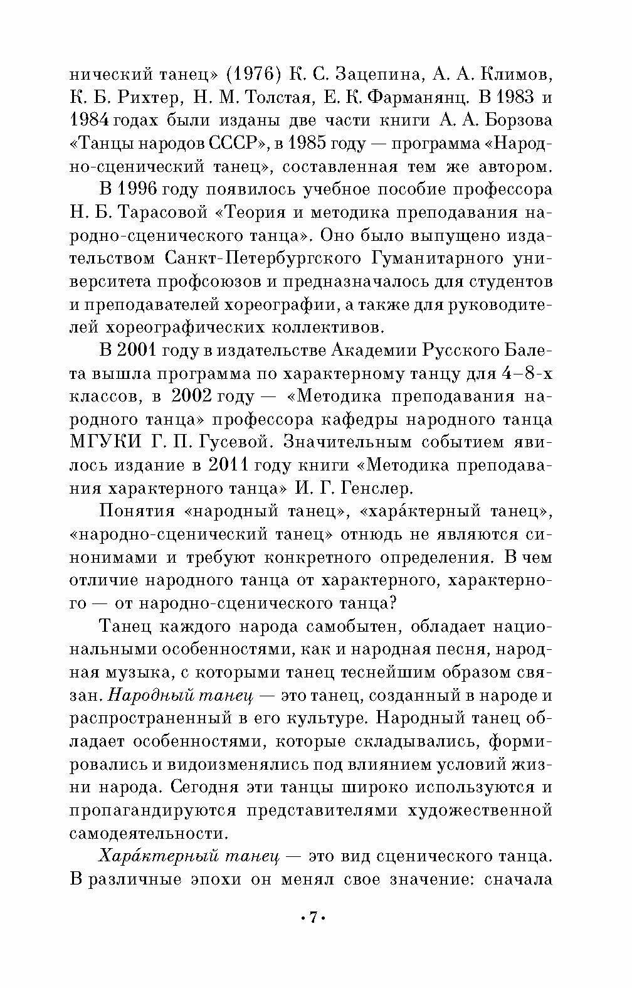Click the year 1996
[137, 190]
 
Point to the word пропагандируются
[153, 810]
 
